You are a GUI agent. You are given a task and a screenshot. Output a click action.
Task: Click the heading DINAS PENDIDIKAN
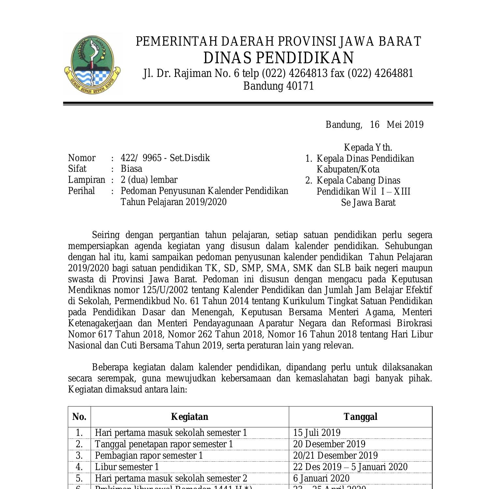(278, 58)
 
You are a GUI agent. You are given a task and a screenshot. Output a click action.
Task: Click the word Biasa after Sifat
(131, 169)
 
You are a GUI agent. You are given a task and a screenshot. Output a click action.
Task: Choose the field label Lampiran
(86, 180)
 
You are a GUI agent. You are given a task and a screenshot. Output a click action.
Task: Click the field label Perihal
(81, 191)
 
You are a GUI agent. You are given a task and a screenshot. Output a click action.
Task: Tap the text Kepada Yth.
(368, 147)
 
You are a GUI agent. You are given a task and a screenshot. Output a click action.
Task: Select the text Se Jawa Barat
(368, 202)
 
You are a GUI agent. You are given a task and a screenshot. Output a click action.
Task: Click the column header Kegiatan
(189, 417)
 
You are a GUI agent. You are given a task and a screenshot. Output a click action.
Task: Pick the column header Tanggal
(360, 417)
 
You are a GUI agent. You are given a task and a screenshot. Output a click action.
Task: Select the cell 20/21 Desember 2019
(335, 455)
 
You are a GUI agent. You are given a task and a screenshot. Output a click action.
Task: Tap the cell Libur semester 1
(127, 467)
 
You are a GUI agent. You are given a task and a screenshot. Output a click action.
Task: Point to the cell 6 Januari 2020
(321, 478)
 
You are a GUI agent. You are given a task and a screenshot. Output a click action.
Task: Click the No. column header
(79, 417)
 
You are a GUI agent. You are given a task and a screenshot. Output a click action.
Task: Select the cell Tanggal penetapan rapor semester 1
(164, 444)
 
